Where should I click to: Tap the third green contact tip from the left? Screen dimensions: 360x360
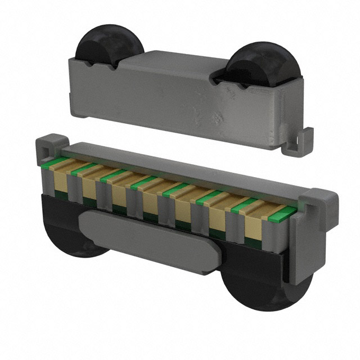pos(112,175)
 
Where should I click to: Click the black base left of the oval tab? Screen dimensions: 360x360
pos(56,214)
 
